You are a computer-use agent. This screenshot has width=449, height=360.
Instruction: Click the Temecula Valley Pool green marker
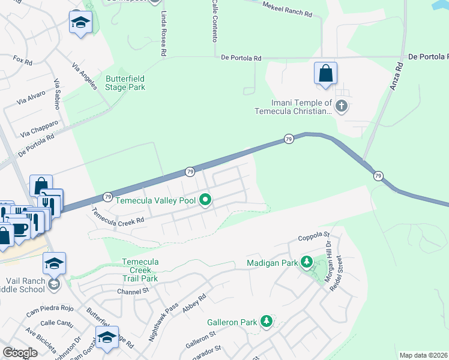(x=205, y=200)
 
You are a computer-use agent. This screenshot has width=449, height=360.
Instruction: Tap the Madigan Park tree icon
(x=307, y=262)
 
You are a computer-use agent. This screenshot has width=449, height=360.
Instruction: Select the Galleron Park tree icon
(x=266, y=322)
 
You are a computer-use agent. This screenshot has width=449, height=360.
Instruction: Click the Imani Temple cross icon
(x=342, y=107)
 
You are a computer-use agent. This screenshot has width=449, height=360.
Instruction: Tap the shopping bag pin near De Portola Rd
(x=325, y=74)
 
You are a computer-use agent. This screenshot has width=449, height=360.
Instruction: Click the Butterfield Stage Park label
(x=125, y=83)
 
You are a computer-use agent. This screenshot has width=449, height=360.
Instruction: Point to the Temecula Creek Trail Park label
(x=140, y=270)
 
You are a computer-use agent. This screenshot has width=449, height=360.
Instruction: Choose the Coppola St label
(x=315, y=237)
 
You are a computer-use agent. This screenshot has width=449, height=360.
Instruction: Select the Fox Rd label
(x=22, y=61)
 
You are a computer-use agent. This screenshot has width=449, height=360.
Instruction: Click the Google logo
(x=20, y=353)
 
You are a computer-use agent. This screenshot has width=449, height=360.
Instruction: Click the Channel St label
(x=133, y=291)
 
